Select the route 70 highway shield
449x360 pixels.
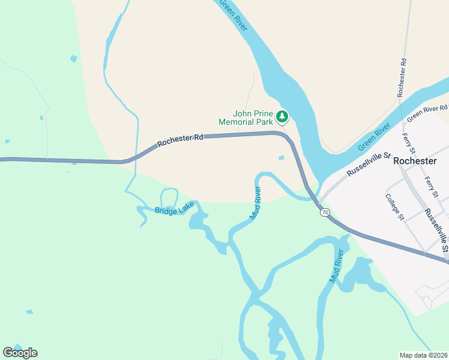tap(325, 212)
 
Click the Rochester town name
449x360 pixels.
tap(414, 161)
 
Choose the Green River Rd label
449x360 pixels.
tap(427, 112)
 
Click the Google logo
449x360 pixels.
tap(20, 353)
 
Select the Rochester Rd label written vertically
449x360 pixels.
tap(402, 77)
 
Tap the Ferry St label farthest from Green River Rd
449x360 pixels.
tap(431, 187)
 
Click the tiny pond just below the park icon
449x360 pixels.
tap(281, 158)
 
